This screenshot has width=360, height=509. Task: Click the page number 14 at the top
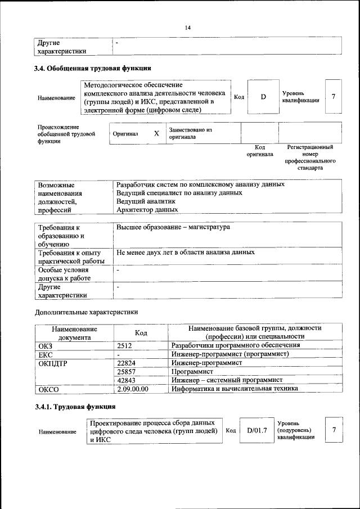click(x=188, y=28)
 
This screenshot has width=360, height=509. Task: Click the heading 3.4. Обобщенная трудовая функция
click(x=93, y=69)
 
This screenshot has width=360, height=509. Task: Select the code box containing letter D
click(x=263, y=97)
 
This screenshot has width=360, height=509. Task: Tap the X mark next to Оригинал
click(x=156, y=134)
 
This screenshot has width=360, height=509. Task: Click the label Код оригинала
click(x=259, y=150)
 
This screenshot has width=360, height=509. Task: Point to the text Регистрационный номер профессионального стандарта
click(x=310, y=157)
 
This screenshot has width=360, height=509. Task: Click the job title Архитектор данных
click(x=147, y=209)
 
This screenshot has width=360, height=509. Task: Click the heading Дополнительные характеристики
click(x=86, y=312)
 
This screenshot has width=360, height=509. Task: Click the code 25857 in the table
click(x=127, y=372)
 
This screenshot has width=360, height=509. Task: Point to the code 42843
click(x=127, y=380)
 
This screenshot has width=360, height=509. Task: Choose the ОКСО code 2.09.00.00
click(x=132, y=389)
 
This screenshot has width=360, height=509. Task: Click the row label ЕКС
click(x=45, y=354)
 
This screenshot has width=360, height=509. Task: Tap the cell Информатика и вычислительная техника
click(x=235, y=389)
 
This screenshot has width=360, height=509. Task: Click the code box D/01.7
click(x=256, y=430)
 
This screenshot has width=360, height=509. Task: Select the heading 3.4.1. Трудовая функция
click(x=75, y=406)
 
